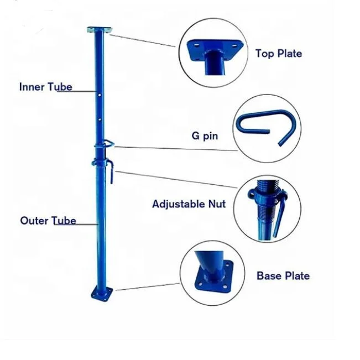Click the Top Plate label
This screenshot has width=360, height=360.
point(278,54)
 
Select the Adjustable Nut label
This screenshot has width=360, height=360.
point(189,204)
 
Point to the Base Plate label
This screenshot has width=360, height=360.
point(283,275)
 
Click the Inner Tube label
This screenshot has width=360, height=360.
point(45,87)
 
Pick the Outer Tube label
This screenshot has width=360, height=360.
point(48,221)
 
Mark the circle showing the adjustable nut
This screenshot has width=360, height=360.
point(268,208)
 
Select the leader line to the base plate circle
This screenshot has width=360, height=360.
point(147,287)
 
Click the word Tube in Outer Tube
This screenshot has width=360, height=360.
point(64,221)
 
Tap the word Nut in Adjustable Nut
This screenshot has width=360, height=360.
point(217,204)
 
